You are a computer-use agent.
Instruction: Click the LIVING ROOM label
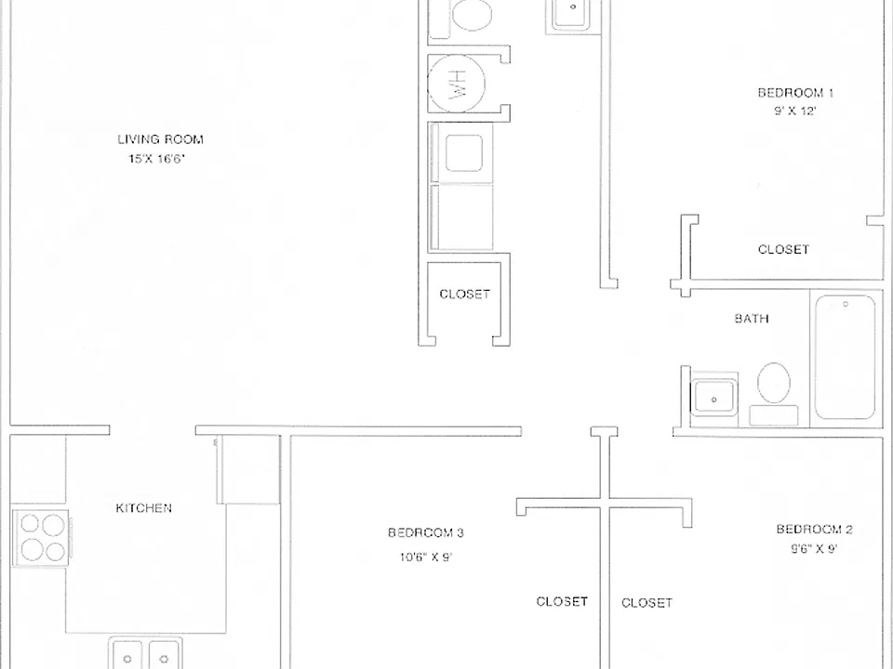click(x=161, y=139)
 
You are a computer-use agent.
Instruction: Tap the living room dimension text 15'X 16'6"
click(x=156, y=159)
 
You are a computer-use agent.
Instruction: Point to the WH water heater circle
click(x=456, y=84)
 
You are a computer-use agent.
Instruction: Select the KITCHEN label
click(x=143, y=508)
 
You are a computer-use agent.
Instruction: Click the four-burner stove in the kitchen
click(x=41, y=538)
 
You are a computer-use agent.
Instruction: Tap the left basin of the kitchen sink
click(x=127, y=654)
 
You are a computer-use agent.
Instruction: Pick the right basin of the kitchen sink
click(x=164, y=654)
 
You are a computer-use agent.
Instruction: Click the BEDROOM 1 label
click(x=795, y=93)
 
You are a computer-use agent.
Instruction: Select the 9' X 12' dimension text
click(x=795, y=111)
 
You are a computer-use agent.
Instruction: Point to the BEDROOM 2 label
click(x=815, y=530)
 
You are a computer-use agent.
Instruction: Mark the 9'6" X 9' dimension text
click(x=814, y=549)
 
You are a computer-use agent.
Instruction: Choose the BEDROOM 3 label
click(x=426, y=533)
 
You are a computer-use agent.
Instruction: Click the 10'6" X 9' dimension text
click(x=426, y=557)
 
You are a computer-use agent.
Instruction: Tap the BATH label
click(x=752, y=319)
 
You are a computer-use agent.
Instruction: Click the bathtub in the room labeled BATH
click(x=846, y=357)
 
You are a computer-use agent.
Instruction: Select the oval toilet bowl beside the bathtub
click(x=774, y=383)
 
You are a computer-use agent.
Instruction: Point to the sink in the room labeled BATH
click(x=713, y=397)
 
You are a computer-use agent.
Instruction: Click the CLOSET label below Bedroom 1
click(x=783, y=249)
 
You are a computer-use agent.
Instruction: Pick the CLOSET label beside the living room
click(x=465, y=295)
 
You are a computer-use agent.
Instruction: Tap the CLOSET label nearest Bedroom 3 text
click(x=562, y=601)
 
